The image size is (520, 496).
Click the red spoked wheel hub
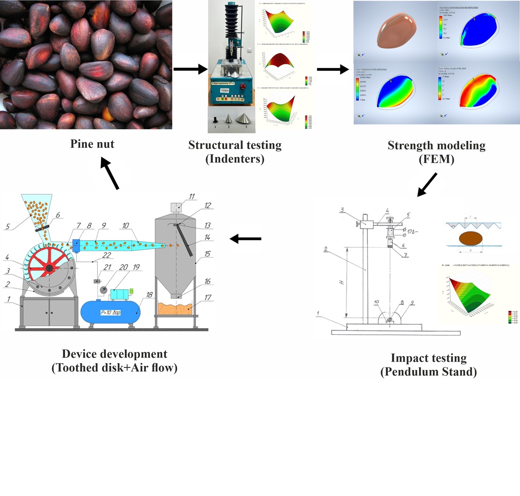coord(49,268)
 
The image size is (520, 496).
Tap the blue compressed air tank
coord(110,312)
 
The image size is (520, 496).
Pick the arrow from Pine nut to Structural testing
coord(190,70)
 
